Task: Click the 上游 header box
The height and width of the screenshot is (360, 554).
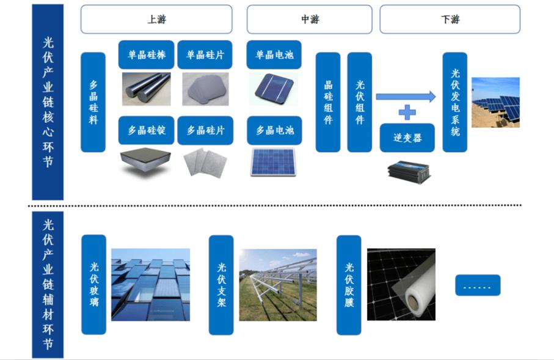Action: pyautogui.click(x=156, y=19)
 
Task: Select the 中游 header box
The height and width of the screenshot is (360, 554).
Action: pyautogui.click(x=310, y=19)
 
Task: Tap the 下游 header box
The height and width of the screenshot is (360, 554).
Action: pyautogui.click(x=450, y=19)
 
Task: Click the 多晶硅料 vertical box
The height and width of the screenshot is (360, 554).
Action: pyautogui.click(x=93, y=102)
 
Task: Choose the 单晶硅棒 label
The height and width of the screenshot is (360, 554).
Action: pyautogui.click(x=146, y=54)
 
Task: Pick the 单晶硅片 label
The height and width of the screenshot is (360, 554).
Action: pyautogui.click(x=205, y=54)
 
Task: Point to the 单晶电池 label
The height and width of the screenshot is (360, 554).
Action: pyautogui.click(x=274, y=54)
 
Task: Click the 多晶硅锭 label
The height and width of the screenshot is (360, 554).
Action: pyautogui.click(x=146, y=130)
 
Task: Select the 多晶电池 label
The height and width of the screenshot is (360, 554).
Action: pyautogui.click(x=274, y=130)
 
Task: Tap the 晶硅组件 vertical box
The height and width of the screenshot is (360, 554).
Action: pyautogui.click(x=328, y=102)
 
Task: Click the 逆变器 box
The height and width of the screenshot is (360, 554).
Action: pyautogui.click(x=407, y=138)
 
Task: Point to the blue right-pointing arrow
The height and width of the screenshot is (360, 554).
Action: pyautogui.click(x=406, y=97)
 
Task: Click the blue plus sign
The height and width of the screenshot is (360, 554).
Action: pyautogui.click(x=407, y=112)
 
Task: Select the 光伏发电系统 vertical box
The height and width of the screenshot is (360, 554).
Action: pyautogui.click(x=454, y=102)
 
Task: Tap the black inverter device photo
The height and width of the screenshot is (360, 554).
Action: pyautogui.click(x=409, y=172)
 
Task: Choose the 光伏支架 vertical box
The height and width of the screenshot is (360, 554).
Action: pyautogui.click(x=221, y=285)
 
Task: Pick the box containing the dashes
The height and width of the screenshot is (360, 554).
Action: pyautogui.click(x=478, y=285)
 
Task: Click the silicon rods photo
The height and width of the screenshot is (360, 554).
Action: pyautogui.click(x=146, y=89)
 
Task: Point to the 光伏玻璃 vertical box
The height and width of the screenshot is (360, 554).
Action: pyautogui.click(x=93, y=284)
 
